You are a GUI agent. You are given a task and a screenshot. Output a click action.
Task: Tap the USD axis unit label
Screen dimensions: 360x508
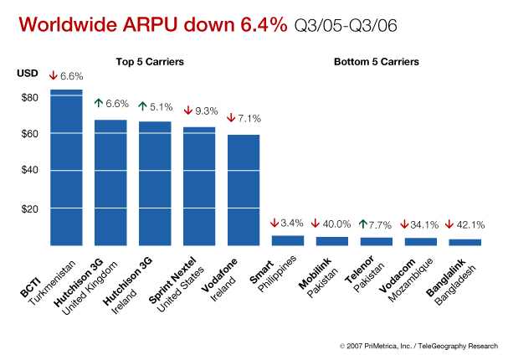(27, 75)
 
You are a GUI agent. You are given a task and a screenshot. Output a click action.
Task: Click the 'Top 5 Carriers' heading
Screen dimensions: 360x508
(150, 62)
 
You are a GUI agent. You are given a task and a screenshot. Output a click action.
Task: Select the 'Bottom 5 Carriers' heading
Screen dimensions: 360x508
(377, 62)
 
